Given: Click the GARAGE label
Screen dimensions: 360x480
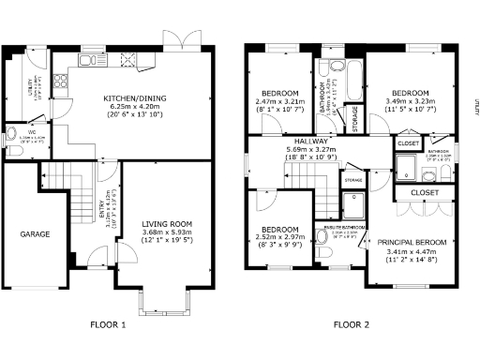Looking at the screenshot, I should (x=36, y=233).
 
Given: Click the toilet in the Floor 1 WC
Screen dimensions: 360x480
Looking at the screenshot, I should (x=11, y=132).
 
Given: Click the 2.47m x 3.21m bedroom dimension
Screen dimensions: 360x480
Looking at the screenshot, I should (x=280, y=102).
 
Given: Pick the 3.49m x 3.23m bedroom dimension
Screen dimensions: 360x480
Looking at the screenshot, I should (x=410, y=102).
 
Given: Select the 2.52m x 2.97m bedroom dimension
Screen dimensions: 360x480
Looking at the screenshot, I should (x=280, y=238).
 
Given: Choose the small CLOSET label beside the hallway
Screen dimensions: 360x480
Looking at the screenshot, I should (x=408, y=142).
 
